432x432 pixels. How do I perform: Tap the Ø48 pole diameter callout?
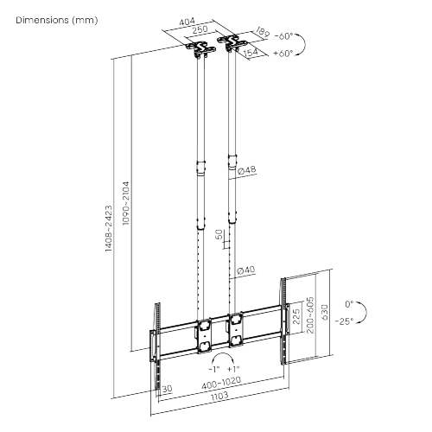coord(247,170)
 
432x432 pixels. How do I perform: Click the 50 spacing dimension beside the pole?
coord(219,235)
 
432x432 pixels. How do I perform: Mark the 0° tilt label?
coord(349,304)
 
